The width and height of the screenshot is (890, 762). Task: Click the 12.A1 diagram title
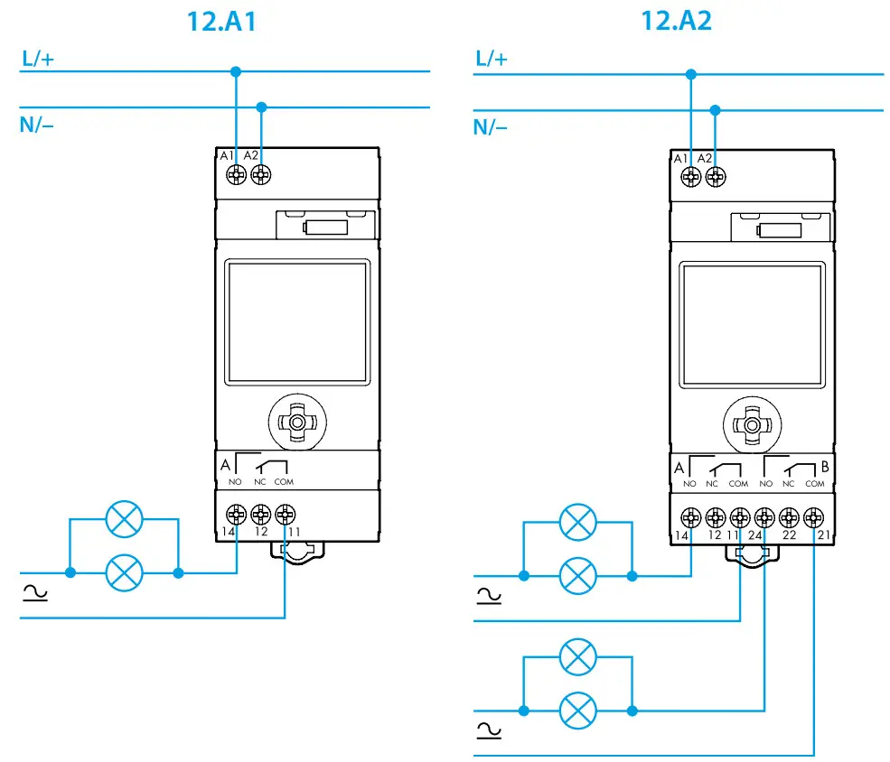tap(221, 21)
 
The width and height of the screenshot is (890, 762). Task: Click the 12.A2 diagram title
tap(676, 21)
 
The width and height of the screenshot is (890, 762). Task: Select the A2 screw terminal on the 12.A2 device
tap(715, 175)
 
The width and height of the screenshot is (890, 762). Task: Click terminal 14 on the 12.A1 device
tap(236, 516)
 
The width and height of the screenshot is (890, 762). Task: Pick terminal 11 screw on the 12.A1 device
tap(285, 516)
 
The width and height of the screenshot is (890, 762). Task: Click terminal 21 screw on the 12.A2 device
tap(814, 517)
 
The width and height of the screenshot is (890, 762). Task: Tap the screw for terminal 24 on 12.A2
tap(764, 517)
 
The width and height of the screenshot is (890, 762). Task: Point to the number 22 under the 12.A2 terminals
tap(789, 536)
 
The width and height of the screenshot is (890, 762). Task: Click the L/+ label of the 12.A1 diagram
tap(36, 60)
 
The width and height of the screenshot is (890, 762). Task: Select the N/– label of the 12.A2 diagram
tap(491, 127)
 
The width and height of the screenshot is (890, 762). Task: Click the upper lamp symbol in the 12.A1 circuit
tap(124, 519)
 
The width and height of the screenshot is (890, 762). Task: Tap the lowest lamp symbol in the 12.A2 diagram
tap(577, 711)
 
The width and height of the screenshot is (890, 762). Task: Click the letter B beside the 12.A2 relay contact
tap(824, 468)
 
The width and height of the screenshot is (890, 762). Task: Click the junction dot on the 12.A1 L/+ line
tap(236, 71)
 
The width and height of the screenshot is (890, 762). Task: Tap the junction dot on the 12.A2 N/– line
tap(715, 110)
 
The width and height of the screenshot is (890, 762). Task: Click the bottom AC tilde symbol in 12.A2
tap(488, 729)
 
